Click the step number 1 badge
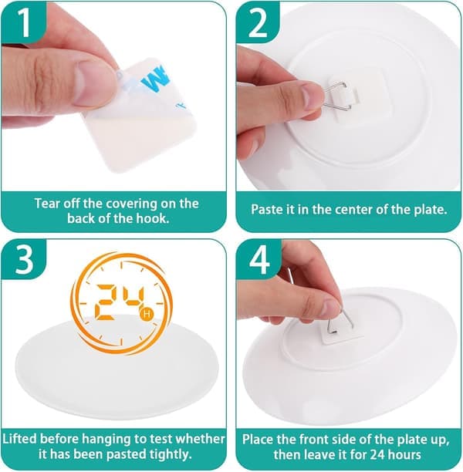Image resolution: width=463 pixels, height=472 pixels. [x=24, y=22]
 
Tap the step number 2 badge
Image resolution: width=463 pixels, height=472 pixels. [x=258, y=22]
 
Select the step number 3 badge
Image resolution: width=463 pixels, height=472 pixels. [x=24, y=259]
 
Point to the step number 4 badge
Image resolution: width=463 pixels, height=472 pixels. [x=259, y=259]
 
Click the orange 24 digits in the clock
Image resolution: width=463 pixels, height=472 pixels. [x=120, y=302]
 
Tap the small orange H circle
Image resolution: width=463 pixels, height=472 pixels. [x=147, y=313]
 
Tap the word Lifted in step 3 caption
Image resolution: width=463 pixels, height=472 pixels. [x=20, y=439]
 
